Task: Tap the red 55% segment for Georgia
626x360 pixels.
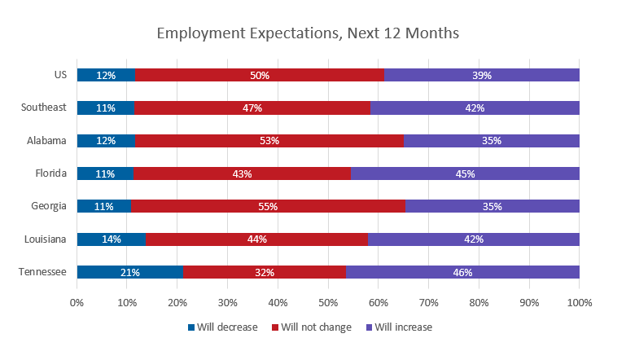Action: click(268, 206)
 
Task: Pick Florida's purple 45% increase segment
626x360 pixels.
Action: click(465, 173)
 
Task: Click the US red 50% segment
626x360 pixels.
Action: click(259, 75)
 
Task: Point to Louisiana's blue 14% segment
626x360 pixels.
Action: click(112, 239)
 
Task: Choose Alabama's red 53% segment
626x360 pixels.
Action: click(269, 141)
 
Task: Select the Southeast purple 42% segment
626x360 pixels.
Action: click(475, 108)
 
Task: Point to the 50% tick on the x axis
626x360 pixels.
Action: click(328, 303)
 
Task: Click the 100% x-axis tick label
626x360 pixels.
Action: click(579, 303)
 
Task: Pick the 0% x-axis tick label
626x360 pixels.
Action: click(77, 303)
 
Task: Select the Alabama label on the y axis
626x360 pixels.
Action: click(47, 141)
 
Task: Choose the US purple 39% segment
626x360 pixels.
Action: click(481, 75)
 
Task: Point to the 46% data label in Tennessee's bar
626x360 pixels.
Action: click(462, 272)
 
